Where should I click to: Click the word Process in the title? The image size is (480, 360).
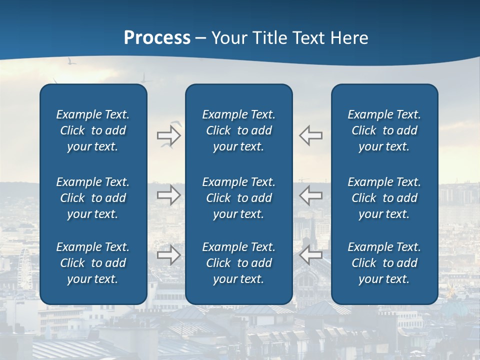(157, 38)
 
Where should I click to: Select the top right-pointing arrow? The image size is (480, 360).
(168, 135)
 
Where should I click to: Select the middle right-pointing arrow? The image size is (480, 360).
(168, 195)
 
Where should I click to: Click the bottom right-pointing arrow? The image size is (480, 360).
(168, 255)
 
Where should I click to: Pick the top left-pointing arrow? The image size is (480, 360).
(310, 135)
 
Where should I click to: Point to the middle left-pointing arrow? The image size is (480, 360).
(310, 195)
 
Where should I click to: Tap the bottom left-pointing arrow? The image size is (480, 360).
(310, 255)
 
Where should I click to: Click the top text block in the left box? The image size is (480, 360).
(93, 130)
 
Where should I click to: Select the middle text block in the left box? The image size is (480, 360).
(93, 198)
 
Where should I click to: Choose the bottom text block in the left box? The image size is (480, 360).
(93, 263)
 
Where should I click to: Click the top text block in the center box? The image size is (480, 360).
(238, 130)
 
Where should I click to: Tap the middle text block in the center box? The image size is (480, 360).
(238, 198)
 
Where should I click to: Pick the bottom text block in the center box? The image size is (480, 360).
(238, 263)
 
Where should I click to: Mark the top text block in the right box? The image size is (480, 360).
(384, 130)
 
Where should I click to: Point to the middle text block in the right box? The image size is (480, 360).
(384, 198)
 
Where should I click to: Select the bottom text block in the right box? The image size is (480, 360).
(384, 263)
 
